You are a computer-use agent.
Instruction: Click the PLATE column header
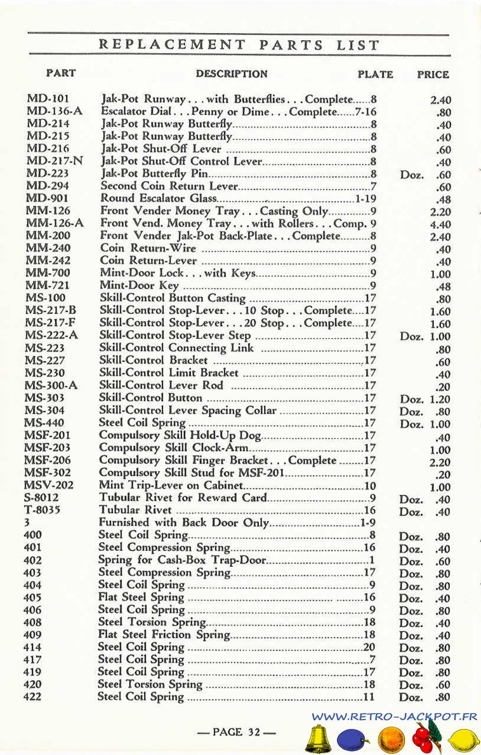tap(375, 74)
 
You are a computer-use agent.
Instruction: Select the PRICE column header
tap(433, 74)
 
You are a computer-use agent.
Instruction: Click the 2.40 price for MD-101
tap(440, 100)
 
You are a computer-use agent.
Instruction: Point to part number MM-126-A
tap(54, 223)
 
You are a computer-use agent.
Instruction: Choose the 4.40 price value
tap(440, 225)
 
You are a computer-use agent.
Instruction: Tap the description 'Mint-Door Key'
tap(140, 285)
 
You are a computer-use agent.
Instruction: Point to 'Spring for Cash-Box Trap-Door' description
tap(182, 560)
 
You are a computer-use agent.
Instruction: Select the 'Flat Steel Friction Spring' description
tap(163, 635)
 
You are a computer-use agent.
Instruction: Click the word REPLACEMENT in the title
tap(172, 45)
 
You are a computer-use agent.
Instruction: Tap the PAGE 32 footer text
tap(236, 732)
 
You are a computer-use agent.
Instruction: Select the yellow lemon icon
tap(464, 740)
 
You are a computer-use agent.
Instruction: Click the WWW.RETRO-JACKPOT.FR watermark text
tap(394, 717)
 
